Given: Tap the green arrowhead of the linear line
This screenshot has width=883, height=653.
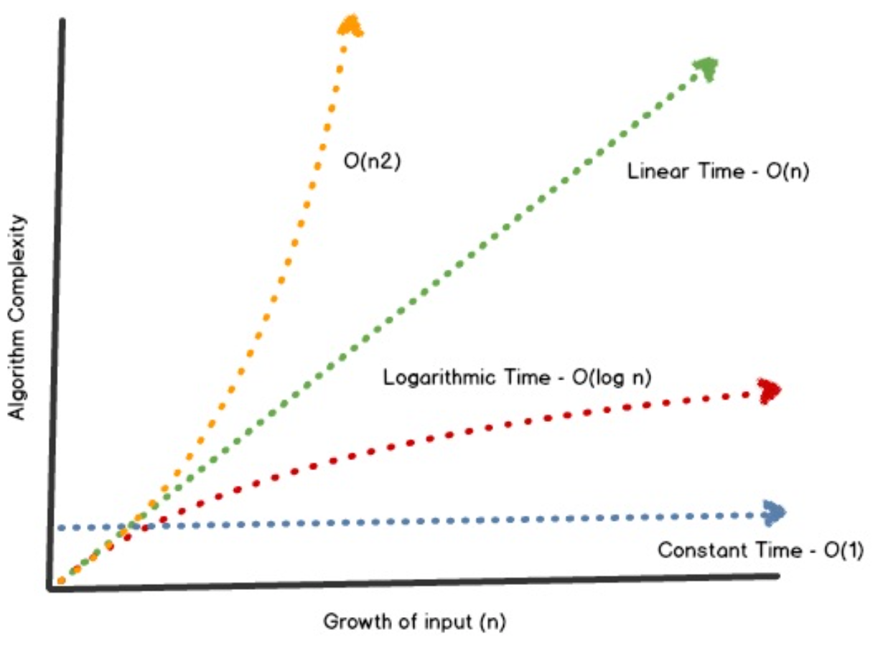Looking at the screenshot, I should (x=705, y=69).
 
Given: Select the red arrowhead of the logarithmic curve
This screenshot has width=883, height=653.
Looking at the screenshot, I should (x=770, y=391).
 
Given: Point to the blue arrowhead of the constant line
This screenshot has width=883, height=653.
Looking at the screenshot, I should (x=774, y=513).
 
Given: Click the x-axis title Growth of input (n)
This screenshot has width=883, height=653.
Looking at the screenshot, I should (x=416, y=621).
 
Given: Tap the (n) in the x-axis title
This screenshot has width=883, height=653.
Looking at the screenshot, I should (x=494, y=621).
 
